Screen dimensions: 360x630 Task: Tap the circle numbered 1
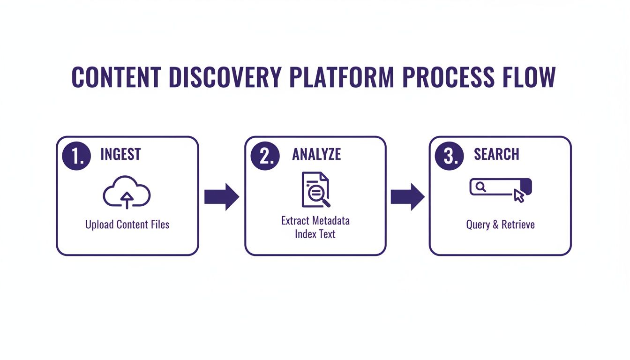point(77,155)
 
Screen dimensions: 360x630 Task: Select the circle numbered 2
point(265,155)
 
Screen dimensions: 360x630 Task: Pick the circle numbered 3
point(450,155)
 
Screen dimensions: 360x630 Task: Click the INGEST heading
point(120,155)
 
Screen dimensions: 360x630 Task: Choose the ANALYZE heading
point(316,155)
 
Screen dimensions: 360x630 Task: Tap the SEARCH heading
point(496,155)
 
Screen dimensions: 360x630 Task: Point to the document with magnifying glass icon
point(315,190)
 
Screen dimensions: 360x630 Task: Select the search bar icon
point(497,187)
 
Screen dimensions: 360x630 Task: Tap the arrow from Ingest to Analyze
point(222,196)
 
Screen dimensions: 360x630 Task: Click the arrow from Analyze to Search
point(407,196)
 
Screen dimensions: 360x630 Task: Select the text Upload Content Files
point(127,225)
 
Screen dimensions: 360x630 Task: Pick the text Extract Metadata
point(315,220)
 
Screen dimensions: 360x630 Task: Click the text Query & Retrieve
point(500,225)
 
